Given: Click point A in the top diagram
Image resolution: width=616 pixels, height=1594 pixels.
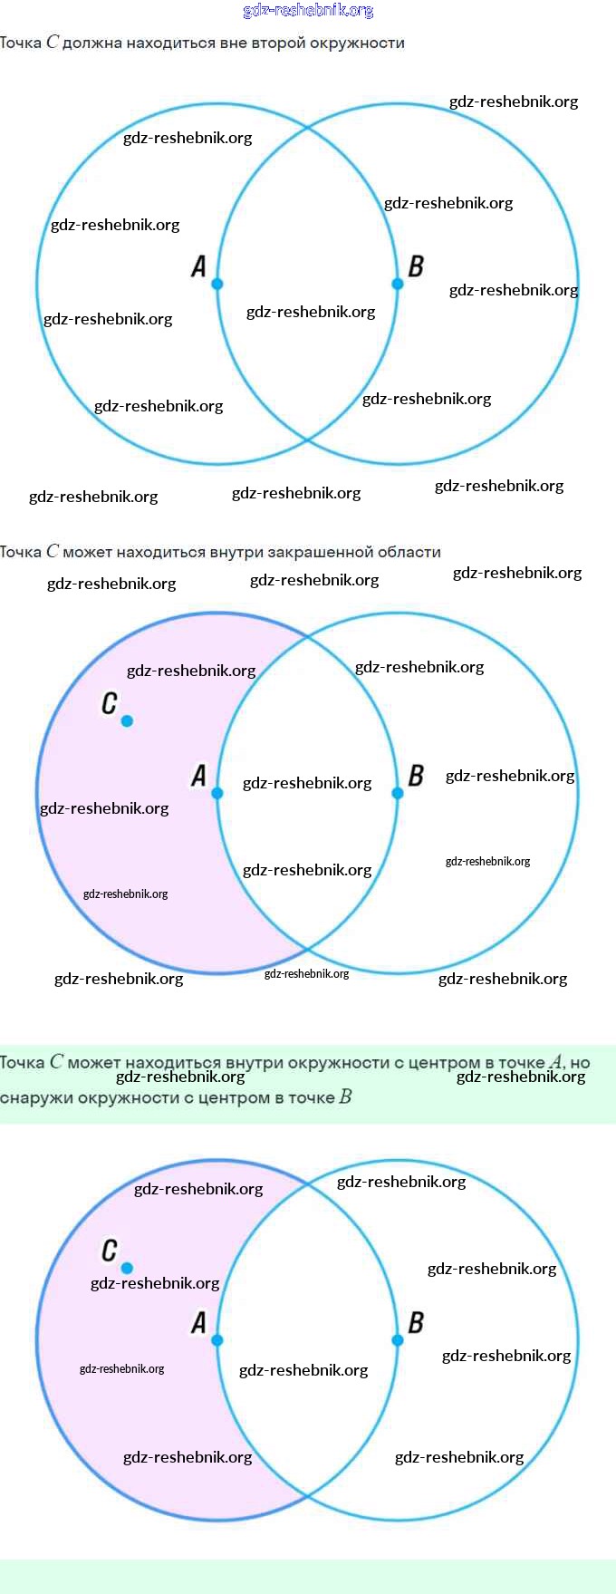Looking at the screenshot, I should [217, 284].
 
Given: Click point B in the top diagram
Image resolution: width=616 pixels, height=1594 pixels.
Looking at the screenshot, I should [397, 284].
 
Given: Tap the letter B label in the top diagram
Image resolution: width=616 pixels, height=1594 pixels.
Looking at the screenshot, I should [416, 266].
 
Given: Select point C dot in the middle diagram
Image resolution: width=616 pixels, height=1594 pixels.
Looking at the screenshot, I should [127, 720].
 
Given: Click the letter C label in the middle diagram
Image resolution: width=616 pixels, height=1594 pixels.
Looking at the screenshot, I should [110, 703].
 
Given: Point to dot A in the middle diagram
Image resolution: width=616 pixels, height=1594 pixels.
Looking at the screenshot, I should [217, 793].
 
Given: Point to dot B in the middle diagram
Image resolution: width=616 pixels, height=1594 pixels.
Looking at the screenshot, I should [397, 793].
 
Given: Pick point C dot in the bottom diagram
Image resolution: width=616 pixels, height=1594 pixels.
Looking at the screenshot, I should [127, 1268].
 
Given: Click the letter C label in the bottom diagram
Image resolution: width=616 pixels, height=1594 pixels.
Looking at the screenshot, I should [110, 1251].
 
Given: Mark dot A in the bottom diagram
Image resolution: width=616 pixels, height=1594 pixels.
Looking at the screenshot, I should [217, 1340].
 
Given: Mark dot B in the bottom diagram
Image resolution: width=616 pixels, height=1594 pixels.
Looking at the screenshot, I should [397, 1340].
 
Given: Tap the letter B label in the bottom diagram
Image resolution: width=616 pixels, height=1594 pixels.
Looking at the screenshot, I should [416, 1323].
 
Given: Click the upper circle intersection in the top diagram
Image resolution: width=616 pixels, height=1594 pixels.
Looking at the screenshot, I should [307, 128].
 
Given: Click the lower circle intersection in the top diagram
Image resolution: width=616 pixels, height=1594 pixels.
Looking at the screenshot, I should [307, 440].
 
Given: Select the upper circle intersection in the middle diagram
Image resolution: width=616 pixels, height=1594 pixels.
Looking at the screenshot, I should [307, 637].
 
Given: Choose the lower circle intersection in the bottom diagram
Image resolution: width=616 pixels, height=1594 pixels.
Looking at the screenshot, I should [307, 1496].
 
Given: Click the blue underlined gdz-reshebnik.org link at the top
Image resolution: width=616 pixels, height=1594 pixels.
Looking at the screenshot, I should [308, 10].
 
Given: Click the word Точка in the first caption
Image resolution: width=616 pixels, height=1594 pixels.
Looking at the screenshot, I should [20, 43].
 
